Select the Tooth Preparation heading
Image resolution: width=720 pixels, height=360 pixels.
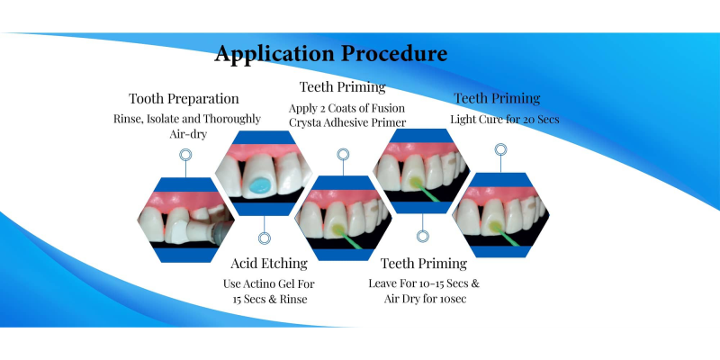pos(184,99)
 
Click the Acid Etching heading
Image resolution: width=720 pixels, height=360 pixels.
pos(269,263)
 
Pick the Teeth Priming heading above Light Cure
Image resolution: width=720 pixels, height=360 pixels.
pos(497,98)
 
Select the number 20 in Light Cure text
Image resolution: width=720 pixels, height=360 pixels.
pos(529,120)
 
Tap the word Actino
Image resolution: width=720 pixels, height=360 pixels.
pos(262,283)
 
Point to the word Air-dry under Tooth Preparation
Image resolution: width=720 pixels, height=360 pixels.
pos(188,134)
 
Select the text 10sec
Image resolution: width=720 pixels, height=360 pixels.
pos(454,299)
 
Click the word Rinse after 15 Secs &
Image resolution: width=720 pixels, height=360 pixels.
pos(294,300)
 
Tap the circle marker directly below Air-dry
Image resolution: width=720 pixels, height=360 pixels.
pos(185,155)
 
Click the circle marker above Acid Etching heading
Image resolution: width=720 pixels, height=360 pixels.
pos(265,238)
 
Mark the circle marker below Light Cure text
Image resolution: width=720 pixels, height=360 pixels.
pos(500,149)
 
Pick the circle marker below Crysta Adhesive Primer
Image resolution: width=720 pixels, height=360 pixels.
pos(343,154)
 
